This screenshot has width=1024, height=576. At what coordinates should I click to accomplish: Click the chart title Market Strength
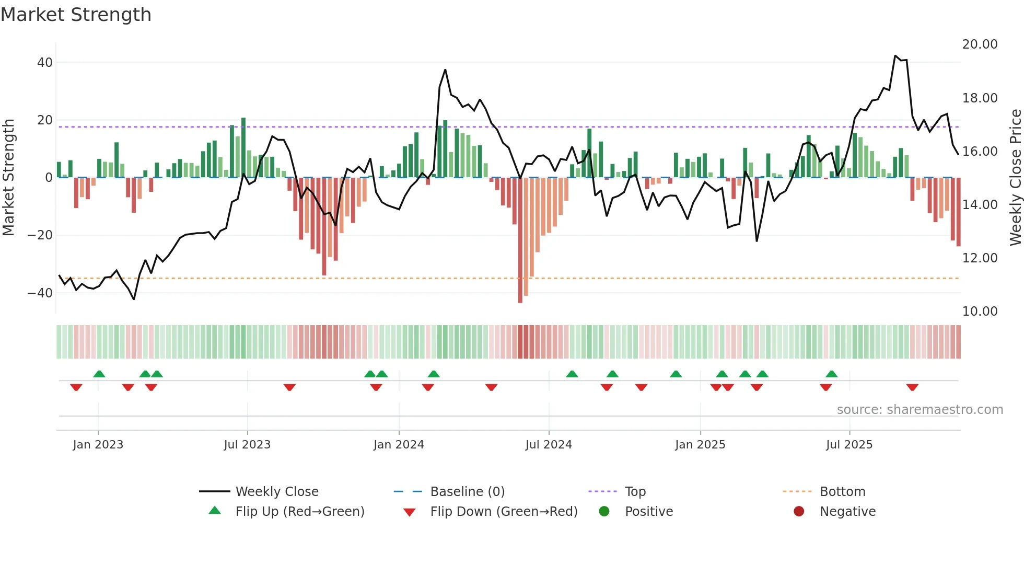pyautogui.click(x=76, y=15)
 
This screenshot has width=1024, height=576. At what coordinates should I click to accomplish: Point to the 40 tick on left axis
pyautogui.click(x=45, y=63)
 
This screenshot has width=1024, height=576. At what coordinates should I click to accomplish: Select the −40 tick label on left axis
pyautogui.click(x=40, y=293)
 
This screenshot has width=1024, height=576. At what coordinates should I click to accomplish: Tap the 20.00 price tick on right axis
pyautogui.click(x=980, y=44)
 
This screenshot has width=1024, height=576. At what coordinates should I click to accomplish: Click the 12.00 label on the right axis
pyautogui.click(x=980, y=258)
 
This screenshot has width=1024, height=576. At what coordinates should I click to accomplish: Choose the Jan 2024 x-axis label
pyautogui.click(x=399, y=445)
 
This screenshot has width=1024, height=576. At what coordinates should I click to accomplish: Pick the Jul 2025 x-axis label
pyautogui.click(x=849, y=445)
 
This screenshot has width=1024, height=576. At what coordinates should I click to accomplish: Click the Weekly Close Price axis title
pyautogui.click(x=1015, y=178)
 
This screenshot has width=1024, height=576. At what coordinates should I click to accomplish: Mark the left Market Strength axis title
pyautogui.click(x=9, y=178)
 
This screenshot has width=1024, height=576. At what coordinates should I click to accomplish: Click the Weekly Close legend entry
pyautogui.click(x=277, y=492)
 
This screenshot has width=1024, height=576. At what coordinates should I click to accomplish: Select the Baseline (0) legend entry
pyautogui.click(x=467, y=492)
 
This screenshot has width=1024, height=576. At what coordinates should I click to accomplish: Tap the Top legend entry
pyautogui.click(x=635, y=492)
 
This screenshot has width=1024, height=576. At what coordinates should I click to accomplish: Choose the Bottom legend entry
pyautogui.click(x=842, y=492)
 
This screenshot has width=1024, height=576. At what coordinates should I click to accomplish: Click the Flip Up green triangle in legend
pyautogui.click(x=215, y=511)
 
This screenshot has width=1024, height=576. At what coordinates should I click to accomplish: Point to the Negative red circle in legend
pyautogui.click(x=799, y=512)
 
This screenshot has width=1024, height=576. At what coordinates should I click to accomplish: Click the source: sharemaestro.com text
pyautogui.click(x=920, y=410)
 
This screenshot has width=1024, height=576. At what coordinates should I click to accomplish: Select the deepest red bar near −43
pyautogui.click(x=520, y=240)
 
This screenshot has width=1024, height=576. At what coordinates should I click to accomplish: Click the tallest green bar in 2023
pyautogui.click(x=243, y=148)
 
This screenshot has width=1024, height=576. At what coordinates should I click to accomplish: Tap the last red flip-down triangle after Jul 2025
pyautogui.click(x=912, y=387)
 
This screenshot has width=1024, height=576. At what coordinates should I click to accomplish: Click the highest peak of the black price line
pyautogui.click(x=895, y=55)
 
